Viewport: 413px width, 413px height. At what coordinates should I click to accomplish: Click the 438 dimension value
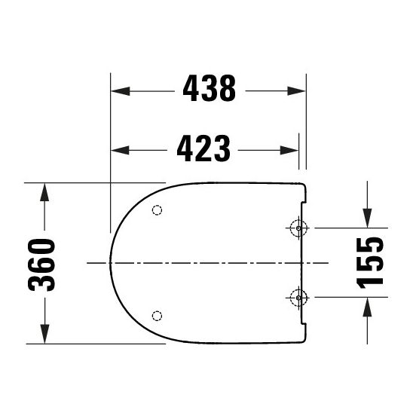[209, 90]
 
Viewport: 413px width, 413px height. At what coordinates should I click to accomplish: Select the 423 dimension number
[203, 149]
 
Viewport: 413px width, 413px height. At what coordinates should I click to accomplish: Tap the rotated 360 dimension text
[43, 263]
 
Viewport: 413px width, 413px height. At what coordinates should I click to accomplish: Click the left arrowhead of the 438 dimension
[118, 90]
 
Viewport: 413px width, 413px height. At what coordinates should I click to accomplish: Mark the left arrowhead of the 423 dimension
[118, 150]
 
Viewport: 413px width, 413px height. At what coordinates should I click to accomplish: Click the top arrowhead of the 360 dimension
[44, 189]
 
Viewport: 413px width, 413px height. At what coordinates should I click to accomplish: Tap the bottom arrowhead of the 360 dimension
[44, 336]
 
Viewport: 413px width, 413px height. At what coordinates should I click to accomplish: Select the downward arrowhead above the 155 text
[366, 219]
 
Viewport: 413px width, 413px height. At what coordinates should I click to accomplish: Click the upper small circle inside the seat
[157, 210]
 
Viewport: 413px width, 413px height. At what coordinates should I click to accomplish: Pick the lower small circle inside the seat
[157, 314]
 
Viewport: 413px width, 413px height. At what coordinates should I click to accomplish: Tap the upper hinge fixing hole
[298, 228]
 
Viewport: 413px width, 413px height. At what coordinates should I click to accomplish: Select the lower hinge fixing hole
[298, 297]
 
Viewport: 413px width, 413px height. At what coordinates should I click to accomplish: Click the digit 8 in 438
[226, 90]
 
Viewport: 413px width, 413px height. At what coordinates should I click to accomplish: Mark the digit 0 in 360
[43, 246]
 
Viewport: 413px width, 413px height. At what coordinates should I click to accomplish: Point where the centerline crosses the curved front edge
[110, 262]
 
